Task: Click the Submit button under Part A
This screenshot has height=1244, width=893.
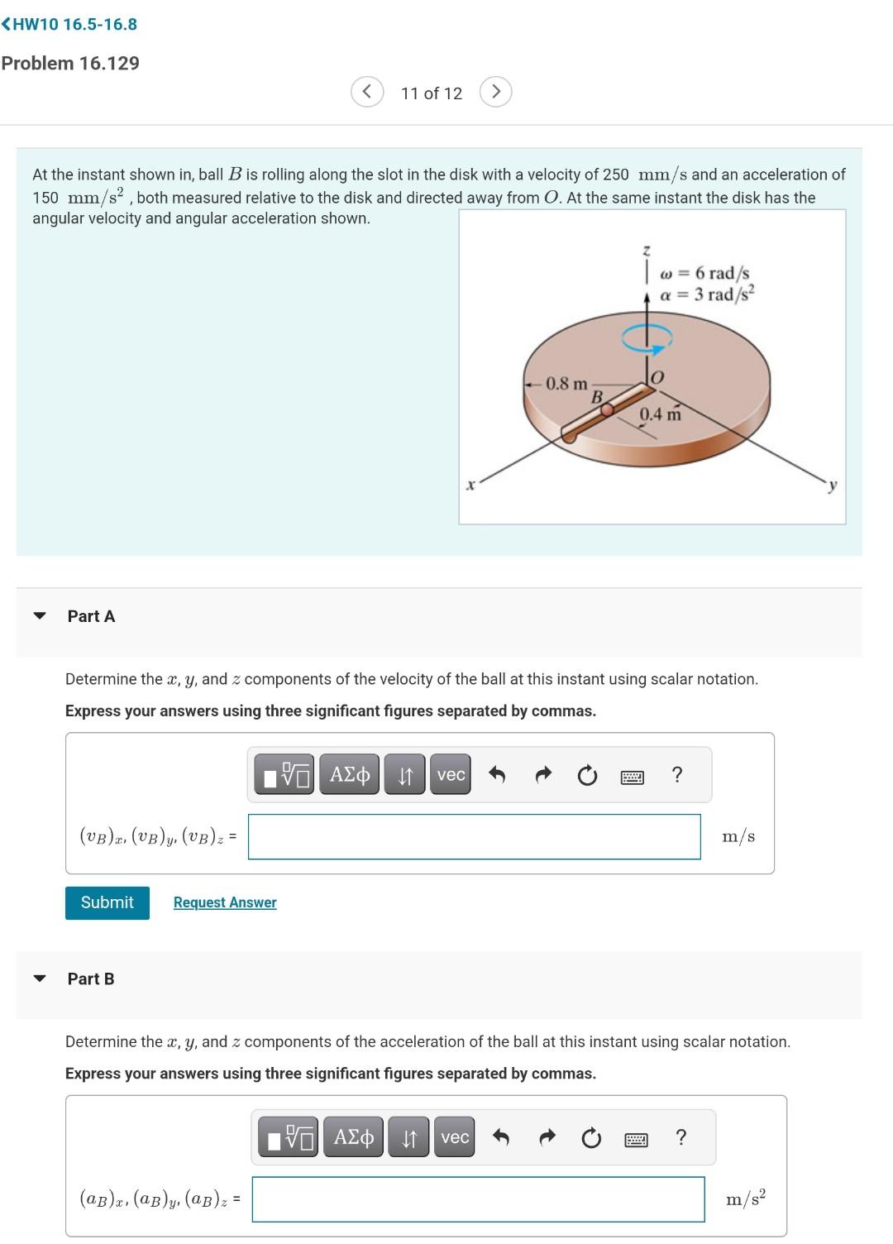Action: click(107, 902)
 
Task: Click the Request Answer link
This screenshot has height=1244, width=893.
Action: click(225, 902)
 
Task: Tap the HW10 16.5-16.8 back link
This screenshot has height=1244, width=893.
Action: click(69, 24)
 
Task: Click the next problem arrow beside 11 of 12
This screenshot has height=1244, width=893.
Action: click(495, 92)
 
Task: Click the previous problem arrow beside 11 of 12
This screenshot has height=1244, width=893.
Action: click(367, 92)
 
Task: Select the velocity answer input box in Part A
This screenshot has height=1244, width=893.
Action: click(474, 836)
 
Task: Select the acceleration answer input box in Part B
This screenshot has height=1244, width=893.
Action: click(478, 1199)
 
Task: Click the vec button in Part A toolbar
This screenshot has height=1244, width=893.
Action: click(451, 775)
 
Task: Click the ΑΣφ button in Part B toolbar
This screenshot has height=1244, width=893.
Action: click(353, 1137)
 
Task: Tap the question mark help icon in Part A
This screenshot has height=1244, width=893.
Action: click(677, 775)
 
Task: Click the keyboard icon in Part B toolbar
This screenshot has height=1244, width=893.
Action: click(636, 1140)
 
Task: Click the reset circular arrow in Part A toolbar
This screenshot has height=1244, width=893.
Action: click(587, 776)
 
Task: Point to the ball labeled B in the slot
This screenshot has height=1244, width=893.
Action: click(607, 409)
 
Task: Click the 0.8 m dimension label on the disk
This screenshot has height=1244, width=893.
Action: click(566, 384)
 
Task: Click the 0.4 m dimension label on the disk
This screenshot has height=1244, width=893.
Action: click(660, 414)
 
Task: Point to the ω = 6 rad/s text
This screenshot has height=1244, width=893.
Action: click(705, 273)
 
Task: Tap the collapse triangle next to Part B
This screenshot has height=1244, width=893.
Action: click(39, 978)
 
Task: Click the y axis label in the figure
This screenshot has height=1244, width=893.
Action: click(833, 486)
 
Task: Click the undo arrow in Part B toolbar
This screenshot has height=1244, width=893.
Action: click(500, 1138)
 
